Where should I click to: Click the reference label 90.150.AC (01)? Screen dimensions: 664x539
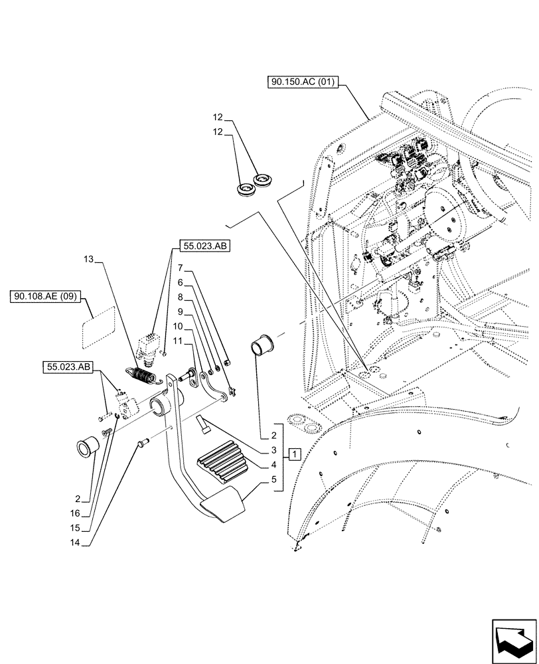(303, 82)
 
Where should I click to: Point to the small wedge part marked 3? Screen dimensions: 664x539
(204, 423)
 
